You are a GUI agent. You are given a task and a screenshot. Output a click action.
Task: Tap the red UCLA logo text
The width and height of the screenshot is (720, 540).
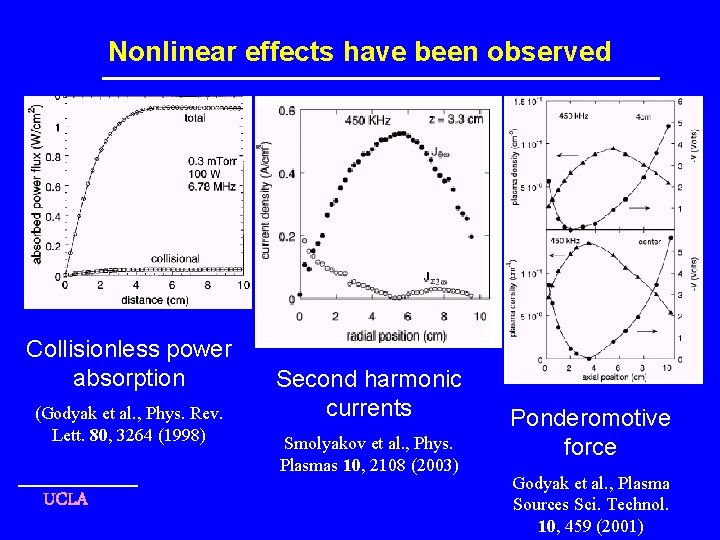[65, 499]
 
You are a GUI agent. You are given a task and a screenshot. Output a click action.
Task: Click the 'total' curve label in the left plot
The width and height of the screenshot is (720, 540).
[196, 118]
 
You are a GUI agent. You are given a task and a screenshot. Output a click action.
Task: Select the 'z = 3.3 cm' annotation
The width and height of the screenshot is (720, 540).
[449, 120]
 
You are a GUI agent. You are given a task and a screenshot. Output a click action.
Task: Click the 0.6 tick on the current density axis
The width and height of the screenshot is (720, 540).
[286, 110]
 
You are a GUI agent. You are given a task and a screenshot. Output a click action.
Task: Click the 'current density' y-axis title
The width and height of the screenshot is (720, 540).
[266, 200]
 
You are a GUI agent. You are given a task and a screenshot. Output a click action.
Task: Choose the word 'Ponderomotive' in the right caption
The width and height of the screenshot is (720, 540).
[590, 418]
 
